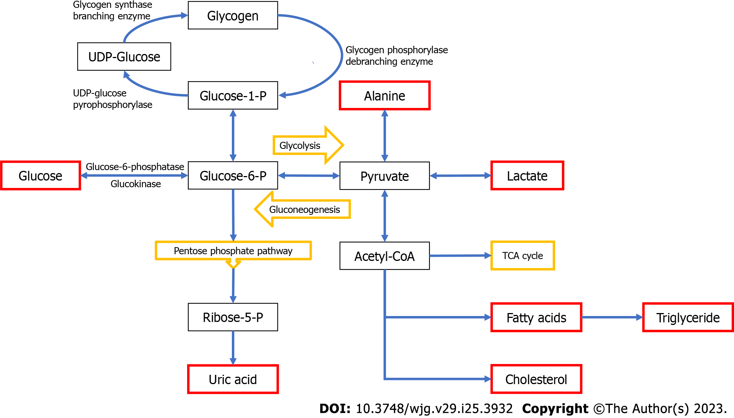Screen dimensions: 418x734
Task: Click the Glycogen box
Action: pyautogui.click(x=233, y=16)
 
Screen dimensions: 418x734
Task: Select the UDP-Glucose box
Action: pyautogui.click(x=124, y=57)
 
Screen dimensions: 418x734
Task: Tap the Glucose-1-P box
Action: pyautogui.click(x=233, y=96)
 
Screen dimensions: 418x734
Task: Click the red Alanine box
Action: pyautogui.click(x=384, y=96)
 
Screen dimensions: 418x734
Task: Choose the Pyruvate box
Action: pyautogui.click(x=384, y=176)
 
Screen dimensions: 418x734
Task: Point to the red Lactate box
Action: pyautogui.click(x=527, y=176)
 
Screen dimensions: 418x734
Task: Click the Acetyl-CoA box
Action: pyautogui.click(x=384, y=256)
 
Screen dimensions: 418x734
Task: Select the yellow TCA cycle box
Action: pyautogui.click(x=522, y=256)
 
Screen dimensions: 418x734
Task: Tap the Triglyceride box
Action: pyautogui.click(x=687, y=318)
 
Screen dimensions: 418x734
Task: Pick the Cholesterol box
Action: pyautogui.click(x=536, y=379)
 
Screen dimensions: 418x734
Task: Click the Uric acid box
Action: pyautogui.click(x=233, y=379)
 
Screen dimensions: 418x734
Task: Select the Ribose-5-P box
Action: pyautogui.click(x=233, y=317)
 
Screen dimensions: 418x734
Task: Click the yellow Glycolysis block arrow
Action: pyautogui.click(x=306, y=145)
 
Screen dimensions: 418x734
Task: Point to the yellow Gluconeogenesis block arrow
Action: pyautogui.click(x=304, y=210)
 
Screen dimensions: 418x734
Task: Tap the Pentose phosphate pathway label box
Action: pyautogui.click(x=233, y=251)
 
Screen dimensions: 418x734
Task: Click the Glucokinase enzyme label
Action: pyautogui.click(x=136, y=184)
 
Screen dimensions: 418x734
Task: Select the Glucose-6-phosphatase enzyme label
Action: pyautogui.click(x=135, y=166)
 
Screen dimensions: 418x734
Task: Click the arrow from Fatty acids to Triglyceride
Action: pyautogui.click(x=612, y=318)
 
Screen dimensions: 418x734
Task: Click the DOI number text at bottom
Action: pyautogui.click(x=434, y=408)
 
